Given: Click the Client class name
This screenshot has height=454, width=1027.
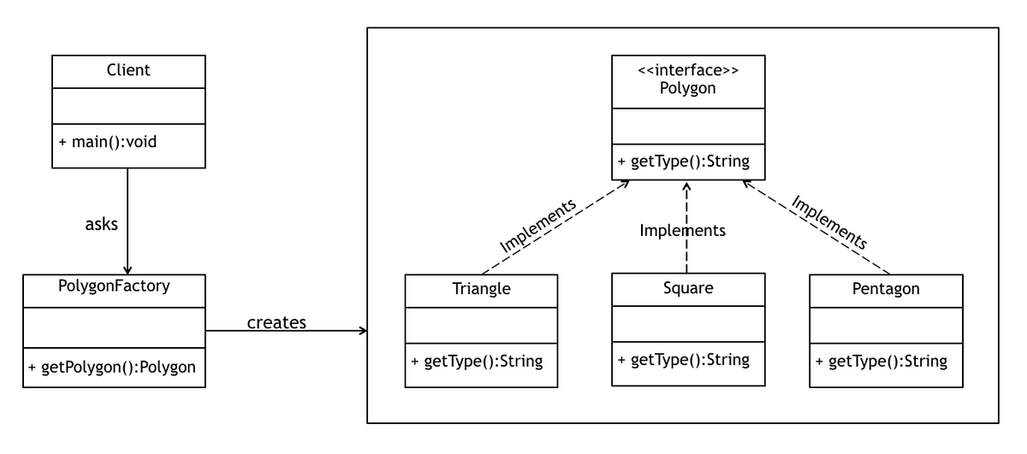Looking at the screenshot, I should point(128,71).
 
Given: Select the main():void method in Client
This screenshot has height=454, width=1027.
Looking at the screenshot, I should point(108,141).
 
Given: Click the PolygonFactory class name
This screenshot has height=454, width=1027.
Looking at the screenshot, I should point(115,286).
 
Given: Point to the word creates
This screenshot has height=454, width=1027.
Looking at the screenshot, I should point(276,322).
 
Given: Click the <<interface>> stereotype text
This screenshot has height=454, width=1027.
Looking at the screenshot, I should point(687,71).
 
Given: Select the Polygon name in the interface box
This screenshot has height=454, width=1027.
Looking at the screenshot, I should point(687,89).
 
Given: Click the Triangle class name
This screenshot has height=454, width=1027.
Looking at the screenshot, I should point(481,289).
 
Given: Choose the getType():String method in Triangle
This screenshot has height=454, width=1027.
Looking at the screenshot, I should point(477,361).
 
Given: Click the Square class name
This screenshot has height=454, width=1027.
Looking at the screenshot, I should point(687,286).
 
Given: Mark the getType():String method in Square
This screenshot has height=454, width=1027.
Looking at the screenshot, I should point(684,358).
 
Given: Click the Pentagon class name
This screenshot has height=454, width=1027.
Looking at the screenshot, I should point(886,289).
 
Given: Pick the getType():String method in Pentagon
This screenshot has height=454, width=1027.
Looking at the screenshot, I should point(882,361).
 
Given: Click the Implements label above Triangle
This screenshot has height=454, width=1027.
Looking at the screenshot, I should point(537,226).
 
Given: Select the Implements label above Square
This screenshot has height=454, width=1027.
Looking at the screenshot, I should point(683,230).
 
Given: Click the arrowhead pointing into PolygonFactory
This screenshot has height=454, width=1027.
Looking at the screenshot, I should point(128,269).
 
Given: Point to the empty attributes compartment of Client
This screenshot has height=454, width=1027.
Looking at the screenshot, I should point(128,105).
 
